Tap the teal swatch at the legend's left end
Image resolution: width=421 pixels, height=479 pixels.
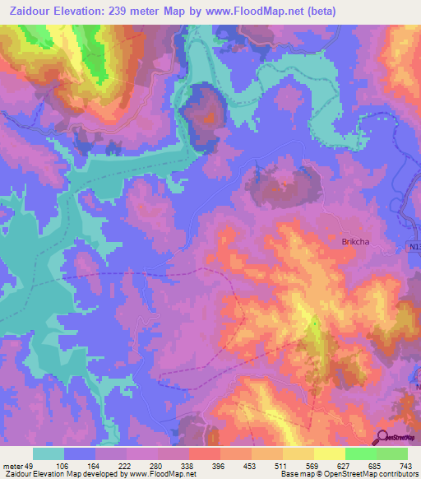pos(49,453)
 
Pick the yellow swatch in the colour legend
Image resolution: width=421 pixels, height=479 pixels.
pos(329,453)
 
